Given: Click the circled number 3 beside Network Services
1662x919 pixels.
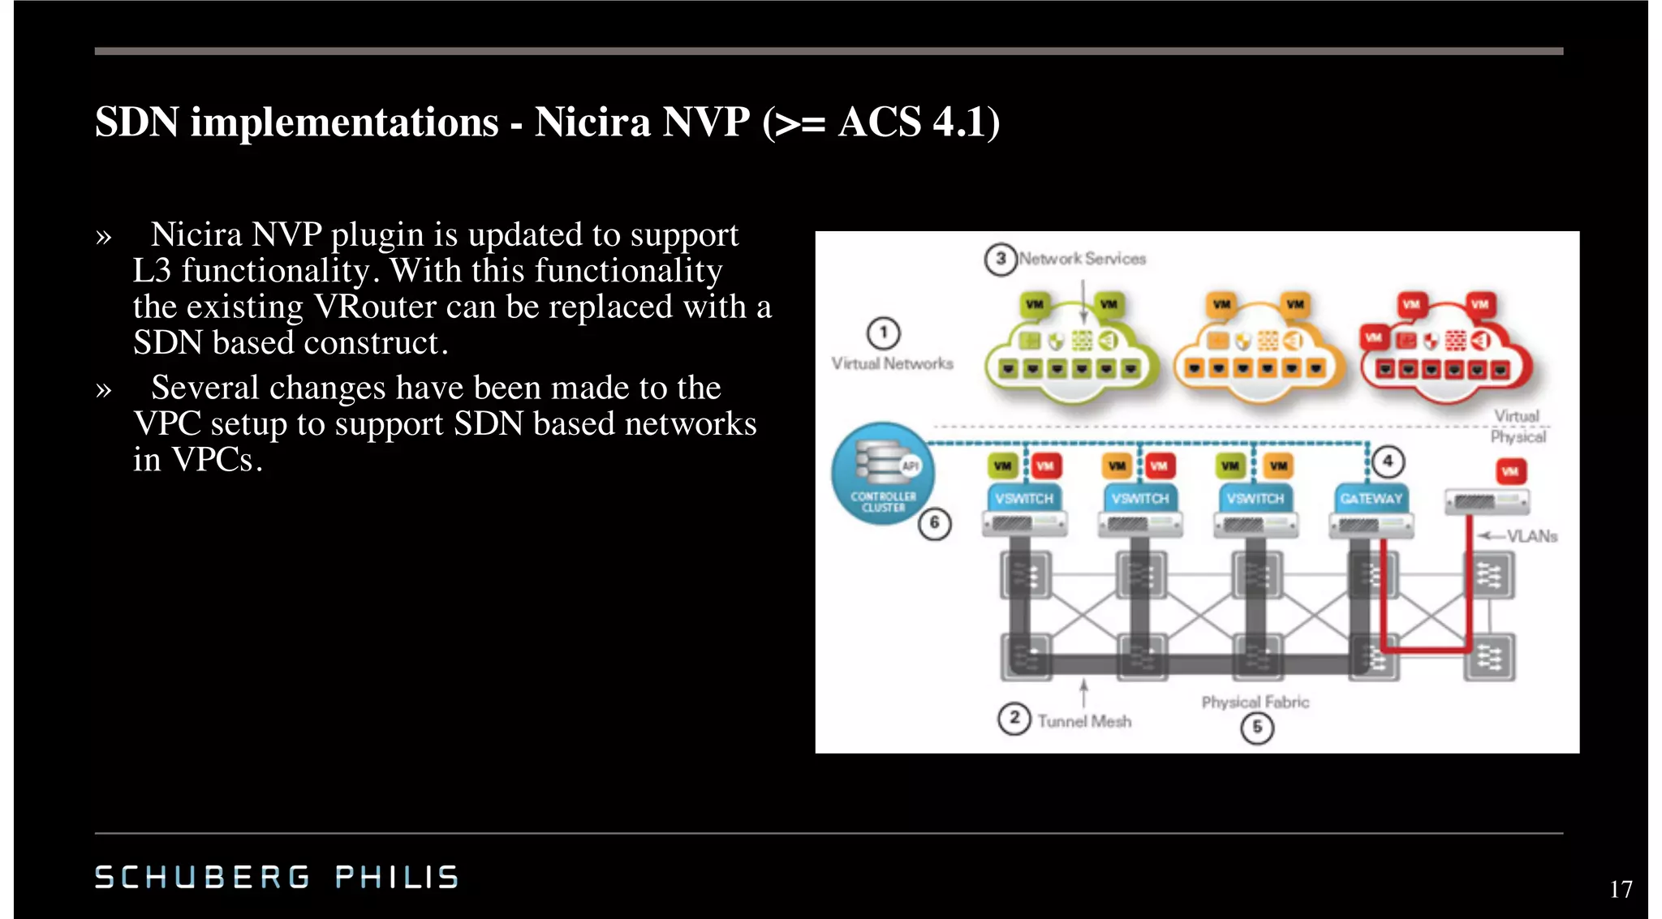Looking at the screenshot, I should (x=1001, y=259).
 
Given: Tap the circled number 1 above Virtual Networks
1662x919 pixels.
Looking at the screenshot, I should (x=883, y=333).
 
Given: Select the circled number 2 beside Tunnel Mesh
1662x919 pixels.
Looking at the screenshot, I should (x=1014, y=718).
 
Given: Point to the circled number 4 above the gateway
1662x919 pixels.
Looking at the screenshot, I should (x=1388, y=462).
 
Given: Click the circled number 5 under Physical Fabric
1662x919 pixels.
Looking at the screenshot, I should (x=1256, y=728).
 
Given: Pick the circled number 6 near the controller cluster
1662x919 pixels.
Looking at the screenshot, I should (x=934, y=523).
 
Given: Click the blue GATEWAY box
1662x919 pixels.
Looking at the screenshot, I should (x=1371, y=498).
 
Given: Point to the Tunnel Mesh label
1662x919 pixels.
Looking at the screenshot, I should (x=1083, y=721).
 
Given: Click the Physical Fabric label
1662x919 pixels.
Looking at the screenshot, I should (x=1255, y=702).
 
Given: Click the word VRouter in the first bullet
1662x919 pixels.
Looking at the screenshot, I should (x=364, y=307).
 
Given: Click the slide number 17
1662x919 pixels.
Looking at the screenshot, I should (x=1621, y=889).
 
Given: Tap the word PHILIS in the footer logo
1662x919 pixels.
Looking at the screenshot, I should (x=397, y=877).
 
